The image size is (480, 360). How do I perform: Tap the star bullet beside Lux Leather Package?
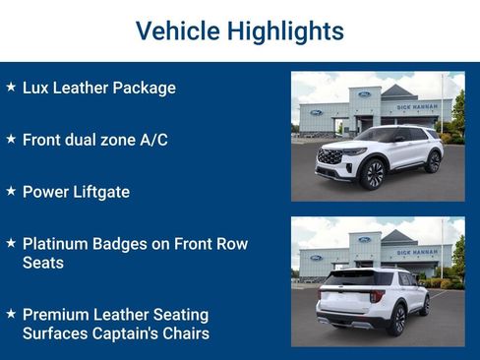(11, 88)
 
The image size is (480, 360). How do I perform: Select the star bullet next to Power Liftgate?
(11, 192)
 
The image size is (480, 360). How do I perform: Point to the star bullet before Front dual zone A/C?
(11, 140)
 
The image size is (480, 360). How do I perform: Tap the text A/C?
(151, 140)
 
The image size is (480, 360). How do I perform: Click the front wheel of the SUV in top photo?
(373, 173)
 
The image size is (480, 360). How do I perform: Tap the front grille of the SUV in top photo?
(330, 156)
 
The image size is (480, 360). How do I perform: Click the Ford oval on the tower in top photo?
(364, 94)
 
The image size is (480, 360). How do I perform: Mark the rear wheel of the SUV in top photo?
(432, 161)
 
